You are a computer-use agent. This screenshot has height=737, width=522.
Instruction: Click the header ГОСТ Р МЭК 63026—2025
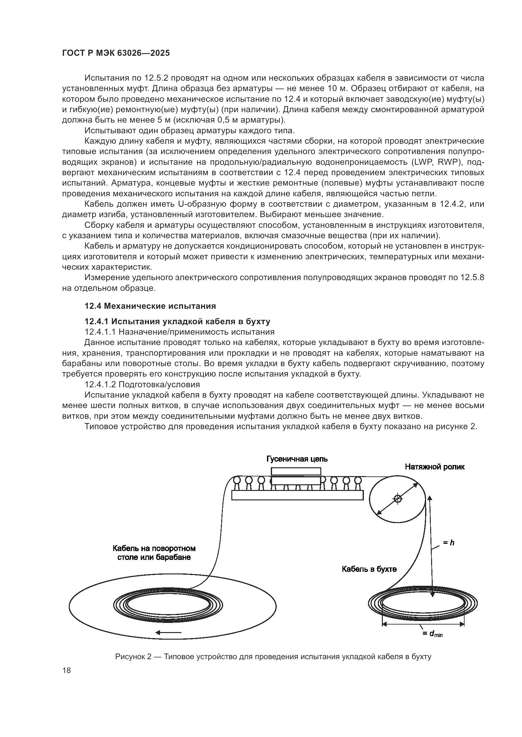click(116, 53)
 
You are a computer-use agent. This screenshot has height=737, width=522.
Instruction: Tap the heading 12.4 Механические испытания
click(150, 306)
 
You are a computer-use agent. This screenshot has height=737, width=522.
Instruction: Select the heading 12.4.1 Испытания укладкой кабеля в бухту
click(177, 321)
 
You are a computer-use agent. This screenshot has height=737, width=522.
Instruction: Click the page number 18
click(67, 670)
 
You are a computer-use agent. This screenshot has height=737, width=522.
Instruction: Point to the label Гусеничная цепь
click(297, 459)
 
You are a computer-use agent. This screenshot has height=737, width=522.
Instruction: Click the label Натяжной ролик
click(435, 467)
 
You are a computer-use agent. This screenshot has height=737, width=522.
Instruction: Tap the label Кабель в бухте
click(369, 569)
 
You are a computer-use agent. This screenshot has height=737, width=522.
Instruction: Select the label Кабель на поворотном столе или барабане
click(154, 553)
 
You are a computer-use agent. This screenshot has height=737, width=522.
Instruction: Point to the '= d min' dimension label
click(433, 634)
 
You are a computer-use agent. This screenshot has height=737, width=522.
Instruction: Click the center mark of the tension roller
click(398, 499)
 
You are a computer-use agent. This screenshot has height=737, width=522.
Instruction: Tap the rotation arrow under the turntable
click(169, 633)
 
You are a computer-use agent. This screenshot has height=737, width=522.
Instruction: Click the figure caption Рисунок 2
click(273, 657)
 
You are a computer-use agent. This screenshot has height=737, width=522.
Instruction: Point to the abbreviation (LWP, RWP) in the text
click(438, 162)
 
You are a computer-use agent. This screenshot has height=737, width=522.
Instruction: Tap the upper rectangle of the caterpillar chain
click(296, 471)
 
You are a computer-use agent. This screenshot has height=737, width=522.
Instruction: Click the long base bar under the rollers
click(297, 495)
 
